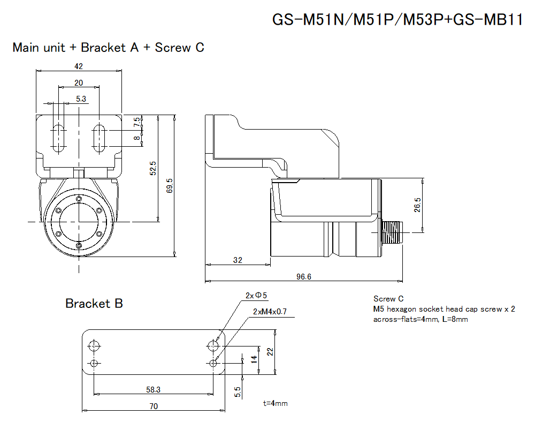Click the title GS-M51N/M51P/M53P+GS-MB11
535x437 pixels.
(x=397, y=20)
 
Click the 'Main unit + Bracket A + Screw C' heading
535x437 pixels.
(x=108, y=48)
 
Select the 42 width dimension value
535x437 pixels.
(x=79, y=66)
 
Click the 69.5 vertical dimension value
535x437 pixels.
(x=170, y=186)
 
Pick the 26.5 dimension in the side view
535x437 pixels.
(x=417, y=205)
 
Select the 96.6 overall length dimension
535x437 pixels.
(x=303, y=276)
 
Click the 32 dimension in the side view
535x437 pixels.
(x=238, y=260)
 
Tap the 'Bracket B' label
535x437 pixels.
(x=94, y=304)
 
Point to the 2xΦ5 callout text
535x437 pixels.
(x=256, y=295)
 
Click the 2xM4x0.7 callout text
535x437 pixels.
(x=270, y=311)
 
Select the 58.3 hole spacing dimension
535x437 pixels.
(x=153, y=390)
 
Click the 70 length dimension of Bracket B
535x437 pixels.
(x=154, y=406)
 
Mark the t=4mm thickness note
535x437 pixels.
(x=275, y=403)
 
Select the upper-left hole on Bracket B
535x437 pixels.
(x=95, y=345)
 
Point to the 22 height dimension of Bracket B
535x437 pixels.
(x=270, y=352)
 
